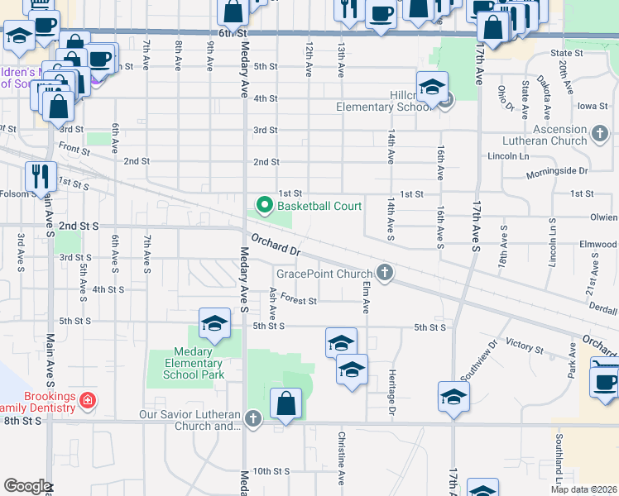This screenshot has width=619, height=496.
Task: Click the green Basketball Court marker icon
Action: coord(265,204)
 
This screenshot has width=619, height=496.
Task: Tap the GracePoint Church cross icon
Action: coord(384,272)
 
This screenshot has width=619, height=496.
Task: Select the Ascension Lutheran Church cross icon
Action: coord(602,131)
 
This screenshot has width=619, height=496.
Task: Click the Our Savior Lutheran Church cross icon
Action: coord(253,419)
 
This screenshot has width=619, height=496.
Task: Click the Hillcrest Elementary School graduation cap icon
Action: coord(432,87)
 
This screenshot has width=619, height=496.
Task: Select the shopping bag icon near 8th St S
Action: coord(286,404)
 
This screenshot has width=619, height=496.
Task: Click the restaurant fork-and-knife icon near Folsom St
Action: coord(40,176)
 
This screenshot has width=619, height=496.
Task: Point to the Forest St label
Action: coord(299,301)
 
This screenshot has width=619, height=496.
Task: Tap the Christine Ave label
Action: coord(340,450)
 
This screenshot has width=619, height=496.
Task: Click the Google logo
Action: coord(26,486)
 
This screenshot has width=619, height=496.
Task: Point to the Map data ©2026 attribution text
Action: coord(583,489)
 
